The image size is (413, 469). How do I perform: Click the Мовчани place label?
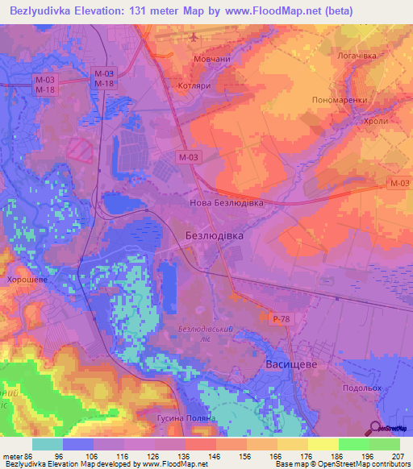211,60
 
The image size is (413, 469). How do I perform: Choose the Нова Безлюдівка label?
226,203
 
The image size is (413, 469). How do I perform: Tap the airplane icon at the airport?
194,37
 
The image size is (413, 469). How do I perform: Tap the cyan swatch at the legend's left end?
48,444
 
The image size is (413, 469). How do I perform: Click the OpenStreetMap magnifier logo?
377,428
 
